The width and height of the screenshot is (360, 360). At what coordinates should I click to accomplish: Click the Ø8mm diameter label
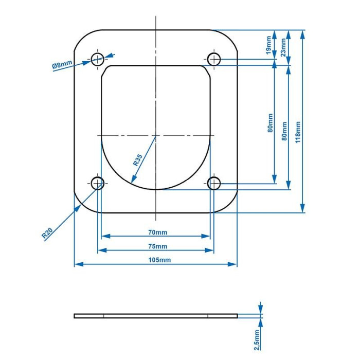tap(62, 64)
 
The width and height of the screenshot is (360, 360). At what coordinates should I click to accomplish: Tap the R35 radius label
tap(138, 160)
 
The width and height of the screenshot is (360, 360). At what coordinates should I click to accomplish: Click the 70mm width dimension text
tap(158, 232)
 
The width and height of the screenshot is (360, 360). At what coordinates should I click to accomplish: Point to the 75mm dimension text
tap(158, 246)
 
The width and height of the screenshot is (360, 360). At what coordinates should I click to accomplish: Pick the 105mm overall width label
tap(159, 260)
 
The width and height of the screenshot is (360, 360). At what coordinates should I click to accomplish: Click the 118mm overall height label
tap(298, 132)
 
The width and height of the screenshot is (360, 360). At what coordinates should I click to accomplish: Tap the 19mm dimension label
tap(269, 45)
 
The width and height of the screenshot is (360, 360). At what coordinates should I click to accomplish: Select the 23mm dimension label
tap(283, 47)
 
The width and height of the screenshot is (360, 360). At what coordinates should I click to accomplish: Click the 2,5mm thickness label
tap(257, 340)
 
